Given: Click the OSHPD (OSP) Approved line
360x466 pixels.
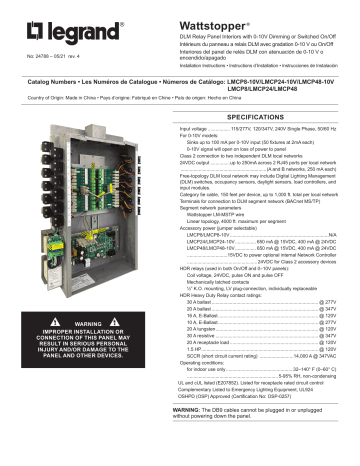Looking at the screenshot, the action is (x=230, y=423).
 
